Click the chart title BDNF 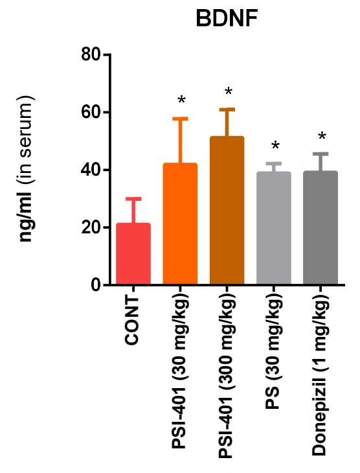(x=227, y=19)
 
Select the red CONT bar (x=133, y=254)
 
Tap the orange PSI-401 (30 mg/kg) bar (x=180, y=224)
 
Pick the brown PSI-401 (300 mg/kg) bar (x=227, y=210)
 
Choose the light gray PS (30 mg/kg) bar (x=273, y=228)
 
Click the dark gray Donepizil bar (x=321, y=227)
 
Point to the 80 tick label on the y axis (x=91, y=54)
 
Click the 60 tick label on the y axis (x=91, y=112)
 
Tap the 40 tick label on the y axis (x=91, y=170)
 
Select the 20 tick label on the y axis (x=91, y=227)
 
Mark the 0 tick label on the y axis (x=96, y=284)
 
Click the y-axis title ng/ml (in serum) (x=26, y=168)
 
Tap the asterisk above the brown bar (x=229, y=91)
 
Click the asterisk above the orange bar (x=181, y=100)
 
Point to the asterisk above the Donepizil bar (x=322, y=136)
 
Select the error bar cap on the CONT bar (x=133, y=199)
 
